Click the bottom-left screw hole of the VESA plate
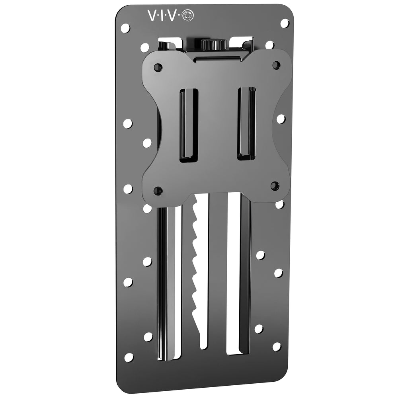(158, 190)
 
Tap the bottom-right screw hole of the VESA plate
(275, 185)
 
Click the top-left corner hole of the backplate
(125, 28)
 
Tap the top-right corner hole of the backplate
(284, 23)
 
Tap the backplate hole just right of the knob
(269, 45)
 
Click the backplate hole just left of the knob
(145, 48)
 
